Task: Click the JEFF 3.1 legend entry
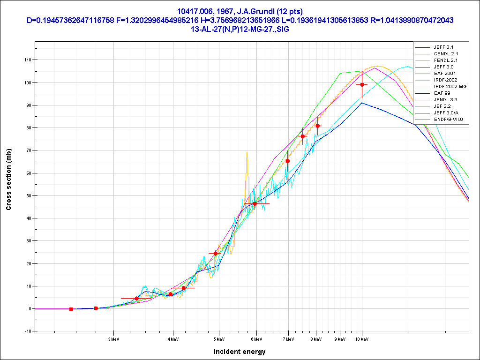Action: tap(443, 47)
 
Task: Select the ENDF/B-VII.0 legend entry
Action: tap(448, 120)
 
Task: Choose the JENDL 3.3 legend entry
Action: tap(445, 100)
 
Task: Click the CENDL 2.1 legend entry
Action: tap(445, 54)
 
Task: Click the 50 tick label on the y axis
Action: tap(28, 195)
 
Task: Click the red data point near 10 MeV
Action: tap(362, 84)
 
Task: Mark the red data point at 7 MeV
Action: tap(288, 161)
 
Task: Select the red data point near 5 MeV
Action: tap(216, 253)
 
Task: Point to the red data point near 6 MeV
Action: tap(255, 203)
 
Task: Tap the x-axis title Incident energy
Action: tap(240, 352)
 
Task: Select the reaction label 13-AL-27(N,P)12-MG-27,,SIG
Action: tap(240, 29)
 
